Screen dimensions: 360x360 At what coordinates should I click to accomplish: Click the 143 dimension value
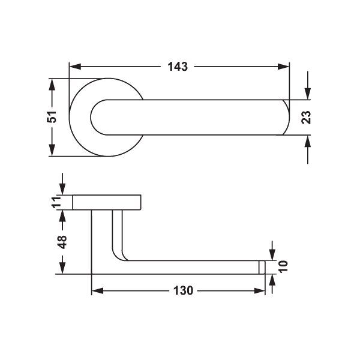tap(178, 67)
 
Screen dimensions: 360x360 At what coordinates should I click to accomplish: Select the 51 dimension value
tap(52, 116)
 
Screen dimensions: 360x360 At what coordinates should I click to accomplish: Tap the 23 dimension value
tap(306, 118)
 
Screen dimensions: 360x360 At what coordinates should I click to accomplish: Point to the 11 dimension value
tap(56, 202)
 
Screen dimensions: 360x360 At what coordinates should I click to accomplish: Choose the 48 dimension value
tap(62, 242)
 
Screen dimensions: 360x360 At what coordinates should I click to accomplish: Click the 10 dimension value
tap(283, 266)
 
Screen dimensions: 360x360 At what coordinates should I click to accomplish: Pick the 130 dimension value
tap(183, 290)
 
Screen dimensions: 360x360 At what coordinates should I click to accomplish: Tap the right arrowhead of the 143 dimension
tap(283, 67)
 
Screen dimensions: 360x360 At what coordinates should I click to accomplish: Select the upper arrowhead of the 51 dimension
tap(52, 85)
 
